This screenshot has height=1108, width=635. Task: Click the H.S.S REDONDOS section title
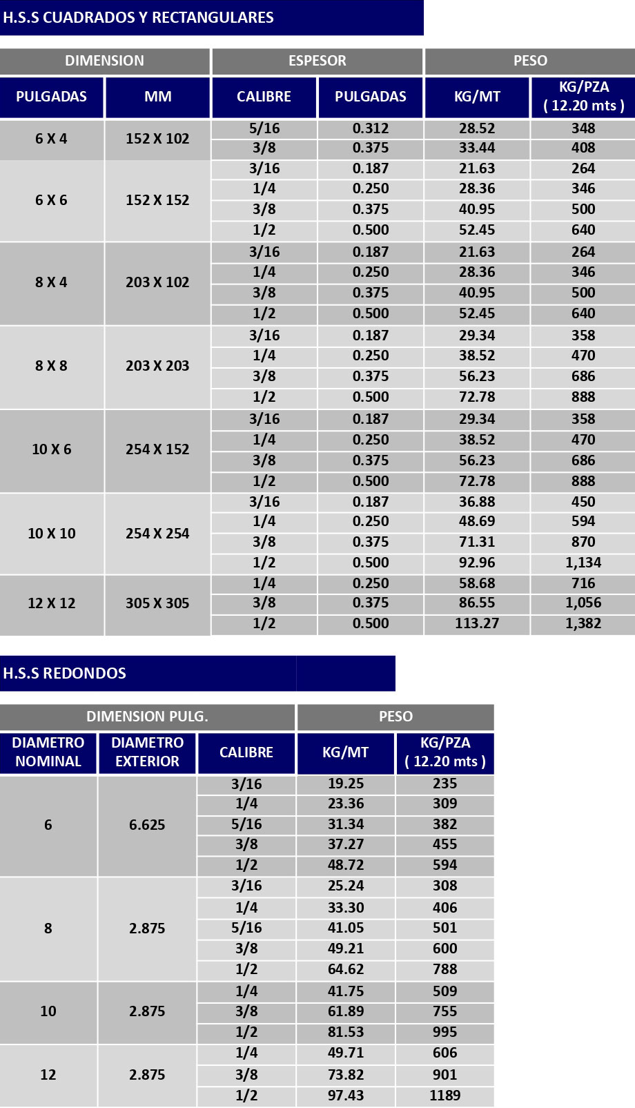65,673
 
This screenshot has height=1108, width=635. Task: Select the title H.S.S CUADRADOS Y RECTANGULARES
138,18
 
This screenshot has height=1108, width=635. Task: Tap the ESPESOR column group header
317,61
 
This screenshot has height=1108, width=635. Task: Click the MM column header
157,97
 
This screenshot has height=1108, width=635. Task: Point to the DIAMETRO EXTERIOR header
147,752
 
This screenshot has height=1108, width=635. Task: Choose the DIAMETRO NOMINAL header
48,752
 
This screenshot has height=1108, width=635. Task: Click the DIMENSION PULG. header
147,717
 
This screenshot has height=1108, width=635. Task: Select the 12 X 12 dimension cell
52,603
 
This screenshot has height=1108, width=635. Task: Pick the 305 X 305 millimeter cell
157,603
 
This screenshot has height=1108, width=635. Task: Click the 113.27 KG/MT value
477,623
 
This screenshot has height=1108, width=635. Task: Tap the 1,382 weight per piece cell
583,623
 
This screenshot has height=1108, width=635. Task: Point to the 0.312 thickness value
371,128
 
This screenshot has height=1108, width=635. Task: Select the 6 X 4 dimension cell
52,139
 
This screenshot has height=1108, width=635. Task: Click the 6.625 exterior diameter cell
147,825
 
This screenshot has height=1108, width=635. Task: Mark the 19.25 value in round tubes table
346,784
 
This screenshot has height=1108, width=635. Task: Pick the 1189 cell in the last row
445,1096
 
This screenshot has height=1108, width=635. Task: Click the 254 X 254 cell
157,534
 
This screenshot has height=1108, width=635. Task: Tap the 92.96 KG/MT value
477,563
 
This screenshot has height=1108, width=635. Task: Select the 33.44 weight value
477,148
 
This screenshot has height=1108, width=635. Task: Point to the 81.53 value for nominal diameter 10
346,1032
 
